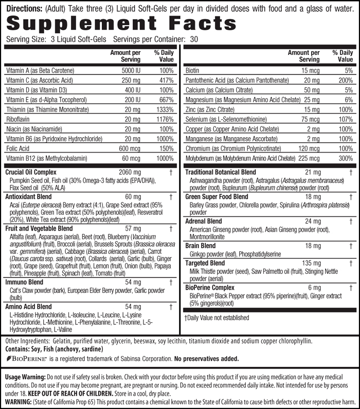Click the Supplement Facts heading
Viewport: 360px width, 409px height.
[122, 24]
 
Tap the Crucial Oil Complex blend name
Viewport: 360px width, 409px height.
[30, 173]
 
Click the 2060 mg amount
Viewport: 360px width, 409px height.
[129, 173]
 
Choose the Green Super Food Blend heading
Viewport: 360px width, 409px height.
[217, 197]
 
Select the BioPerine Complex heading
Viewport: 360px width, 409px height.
[210, 288]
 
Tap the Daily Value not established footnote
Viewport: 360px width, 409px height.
[216, 318]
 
